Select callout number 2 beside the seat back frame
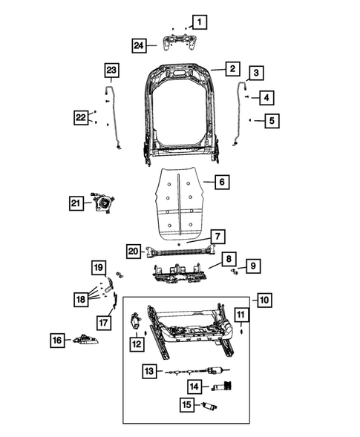click(232, 69)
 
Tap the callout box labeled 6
click(220, 181)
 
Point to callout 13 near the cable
click(148, 371)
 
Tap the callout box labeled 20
click(133, 251)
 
